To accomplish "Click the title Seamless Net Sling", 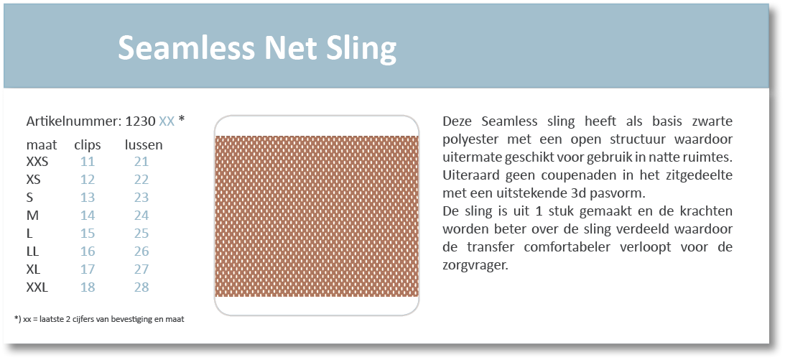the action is [257, 49].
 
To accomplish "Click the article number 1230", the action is [141, 121].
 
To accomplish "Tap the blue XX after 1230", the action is [167, 121].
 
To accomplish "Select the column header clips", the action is [88, 145].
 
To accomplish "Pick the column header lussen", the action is [144, 145].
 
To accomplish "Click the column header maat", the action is [42, 145].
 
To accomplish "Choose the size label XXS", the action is [37, 162].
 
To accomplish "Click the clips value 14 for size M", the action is [88, 216].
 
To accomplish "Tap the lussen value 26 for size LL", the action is [141, 251].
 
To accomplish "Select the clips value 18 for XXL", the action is [88, 287].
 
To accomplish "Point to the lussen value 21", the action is [141, 162].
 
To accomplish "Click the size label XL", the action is [34, 269].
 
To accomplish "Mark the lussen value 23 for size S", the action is [141, 198].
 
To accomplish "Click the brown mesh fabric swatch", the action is [317, 216].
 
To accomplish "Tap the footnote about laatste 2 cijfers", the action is [99, 319].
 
